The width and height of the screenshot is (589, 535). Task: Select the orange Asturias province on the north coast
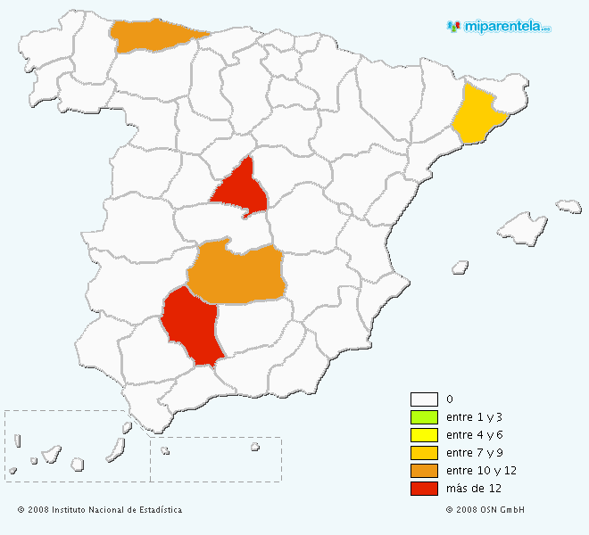(x=153, y=35)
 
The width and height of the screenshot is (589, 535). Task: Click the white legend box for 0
(x=424, y=399)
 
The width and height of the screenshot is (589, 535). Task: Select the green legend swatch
(x=424, y=417)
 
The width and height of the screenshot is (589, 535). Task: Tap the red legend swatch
(x=424, y=488)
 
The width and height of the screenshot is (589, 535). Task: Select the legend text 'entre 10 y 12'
(x=481, y=470)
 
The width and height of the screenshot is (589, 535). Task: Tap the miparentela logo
(x=499, y=27)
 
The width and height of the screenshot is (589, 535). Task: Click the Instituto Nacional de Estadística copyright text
(x=99, y=510)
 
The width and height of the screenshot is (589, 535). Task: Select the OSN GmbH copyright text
(x=485, y=510)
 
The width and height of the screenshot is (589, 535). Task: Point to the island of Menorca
(x=568, y=206)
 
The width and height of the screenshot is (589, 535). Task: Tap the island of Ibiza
(x=460, y=266)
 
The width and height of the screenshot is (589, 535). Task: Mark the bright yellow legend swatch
(x=424, y=434)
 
